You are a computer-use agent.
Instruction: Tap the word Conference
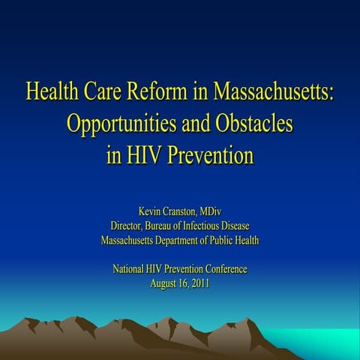point(224,268)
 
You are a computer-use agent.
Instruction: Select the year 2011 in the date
point(199,283)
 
